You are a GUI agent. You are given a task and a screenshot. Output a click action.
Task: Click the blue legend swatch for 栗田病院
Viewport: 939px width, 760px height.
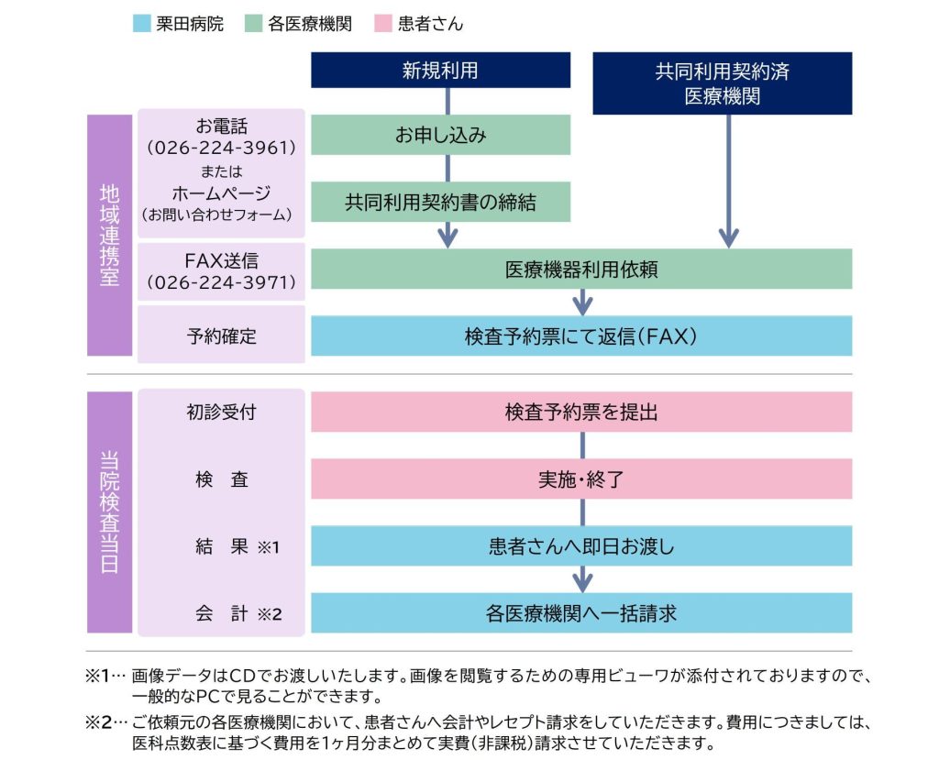coord(141,23)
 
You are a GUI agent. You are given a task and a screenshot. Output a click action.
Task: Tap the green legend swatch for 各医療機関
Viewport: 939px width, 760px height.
coord(253,23)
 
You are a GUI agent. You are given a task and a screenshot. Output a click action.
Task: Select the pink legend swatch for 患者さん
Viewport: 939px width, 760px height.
coord(382,23)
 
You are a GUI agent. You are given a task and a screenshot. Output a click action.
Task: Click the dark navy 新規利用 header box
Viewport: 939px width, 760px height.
coord(440,70)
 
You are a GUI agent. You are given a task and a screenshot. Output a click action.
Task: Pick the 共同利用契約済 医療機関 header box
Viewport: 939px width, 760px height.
coord(723,83)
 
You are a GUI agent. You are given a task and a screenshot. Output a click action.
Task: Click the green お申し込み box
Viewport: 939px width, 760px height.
coord(440,135)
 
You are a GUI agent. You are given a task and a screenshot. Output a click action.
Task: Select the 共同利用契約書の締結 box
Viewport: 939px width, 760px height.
coord(440,202)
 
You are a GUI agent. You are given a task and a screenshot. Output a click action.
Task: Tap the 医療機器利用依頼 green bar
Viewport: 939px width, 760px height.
coord(581,269)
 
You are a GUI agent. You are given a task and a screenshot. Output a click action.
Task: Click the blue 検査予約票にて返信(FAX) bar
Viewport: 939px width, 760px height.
coord(581,336)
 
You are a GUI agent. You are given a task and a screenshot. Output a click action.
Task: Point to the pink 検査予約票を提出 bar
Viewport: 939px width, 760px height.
coord(581,412)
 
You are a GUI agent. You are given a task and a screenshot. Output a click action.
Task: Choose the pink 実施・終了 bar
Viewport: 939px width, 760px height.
coord(581,479)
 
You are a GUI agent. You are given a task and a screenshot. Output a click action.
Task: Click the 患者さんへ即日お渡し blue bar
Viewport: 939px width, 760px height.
coord(581,546)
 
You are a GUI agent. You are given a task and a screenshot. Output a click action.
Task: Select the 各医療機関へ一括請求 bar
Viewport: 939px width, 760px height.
coord(581,613)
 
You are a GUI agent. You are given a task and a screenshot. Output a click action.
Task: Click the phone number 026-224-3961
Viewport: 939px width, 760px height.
coord(222,148)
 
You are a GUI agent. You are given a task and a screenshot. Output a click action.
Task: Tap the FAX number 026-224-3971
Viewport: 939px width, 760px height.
coord(222,282)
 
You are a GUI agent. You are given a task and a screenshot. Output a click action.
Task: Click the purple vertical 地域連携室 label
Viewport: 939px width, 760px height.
coord(110,236)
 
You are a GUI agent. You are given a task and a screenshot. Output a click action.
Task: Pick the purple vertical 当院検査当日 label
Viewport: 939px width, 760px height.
coord(110,512)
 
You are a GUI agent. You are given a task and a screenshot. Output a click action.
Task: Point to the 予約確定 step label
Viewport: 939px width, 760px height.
coord(222,336)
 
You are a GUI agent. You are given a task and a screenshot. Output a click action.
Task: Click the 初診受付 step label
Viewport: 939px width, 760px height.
coord(222,412)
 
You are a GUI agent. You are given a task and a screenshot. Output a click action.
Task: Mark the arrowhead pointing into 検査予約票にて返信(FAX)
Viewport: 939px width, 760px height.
coord(582,306)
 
